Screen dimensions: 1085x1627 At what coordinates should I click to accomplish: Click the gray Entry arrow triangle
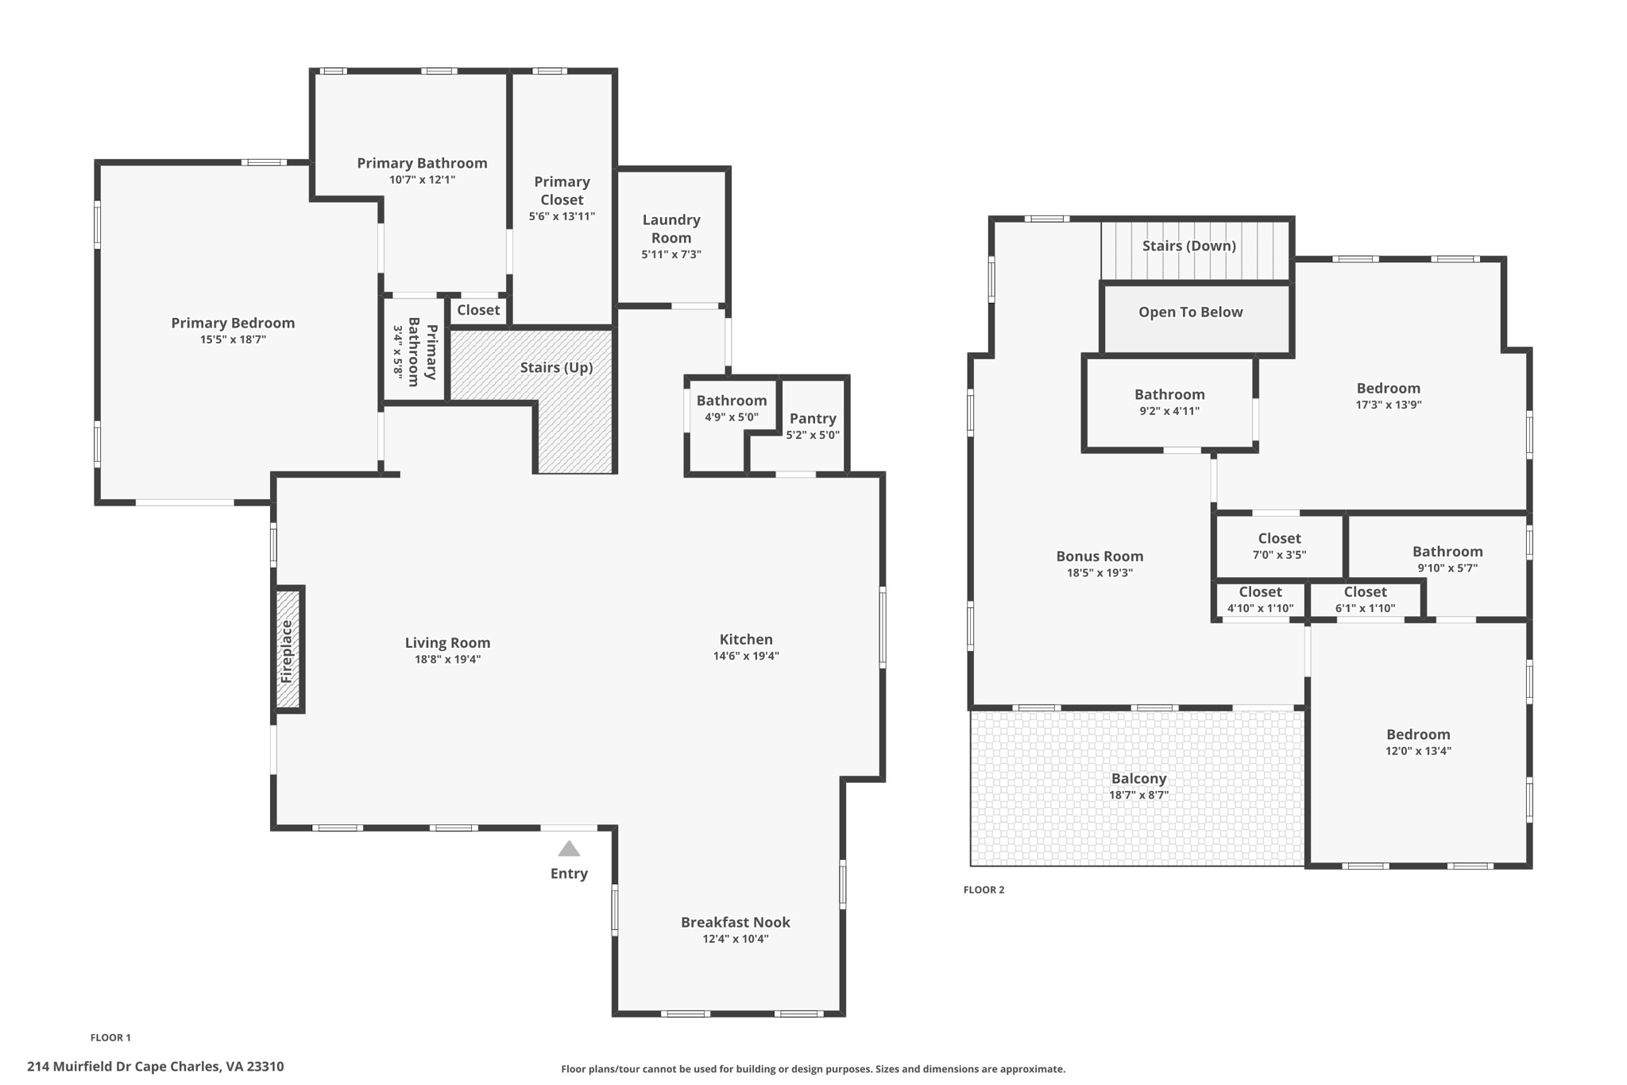point(569,849)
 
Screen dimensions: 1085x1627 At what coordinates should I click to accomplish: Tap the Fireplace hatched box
point(288,650)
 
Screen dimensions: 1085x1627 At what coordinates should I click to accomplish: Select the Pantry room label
point(813,418)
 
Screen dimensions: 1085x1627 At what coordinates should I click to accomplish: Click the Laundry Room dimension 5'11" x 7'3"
point(671,254)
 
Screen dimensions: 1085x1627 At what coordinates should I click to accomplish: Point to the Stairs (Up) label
point(556,367)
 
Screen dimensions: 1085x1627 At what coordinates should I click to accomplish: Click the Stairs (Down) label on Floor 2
point(1188,246)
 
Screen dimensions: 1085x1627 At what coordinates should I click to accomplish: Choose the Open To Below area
point(1190,312)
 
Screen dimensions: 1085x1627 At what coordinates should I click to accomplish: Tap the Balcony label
point(1138,779)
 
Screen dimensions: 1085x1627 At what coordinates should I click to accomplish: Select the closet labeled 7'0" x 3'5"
point(1279,546)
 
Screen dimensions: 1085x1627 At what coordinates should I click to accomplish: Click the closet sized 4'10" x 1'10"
point(1260,600)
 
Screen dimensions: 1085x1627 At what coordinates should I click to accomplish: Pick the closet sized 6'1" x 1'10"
point(1365,600)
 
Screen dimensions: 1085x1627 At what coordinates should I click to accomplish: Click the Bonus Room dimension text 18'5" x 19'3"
point(1099,572)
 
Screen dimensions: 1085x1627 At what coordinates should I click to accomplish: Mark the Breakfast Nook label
point(735,922)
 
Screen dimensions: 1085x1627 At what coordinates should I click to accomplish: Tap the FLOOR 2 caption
point(984,889)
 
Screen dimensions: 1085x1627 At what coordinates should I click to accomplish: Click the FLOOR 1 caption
point(110,1037)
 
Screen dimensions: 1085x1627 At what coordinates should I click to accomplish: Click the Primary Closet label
point(562,191)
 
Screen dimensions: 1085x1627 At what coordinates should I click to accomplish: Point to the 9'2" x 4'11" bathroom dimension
point(1169,411)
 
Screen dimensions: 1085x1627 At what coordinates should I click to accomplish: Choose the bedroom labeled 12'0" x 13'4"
point(1418,742)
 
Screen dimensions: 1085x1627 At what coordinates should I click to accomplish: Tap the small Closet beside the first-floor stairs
point(478,310)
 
